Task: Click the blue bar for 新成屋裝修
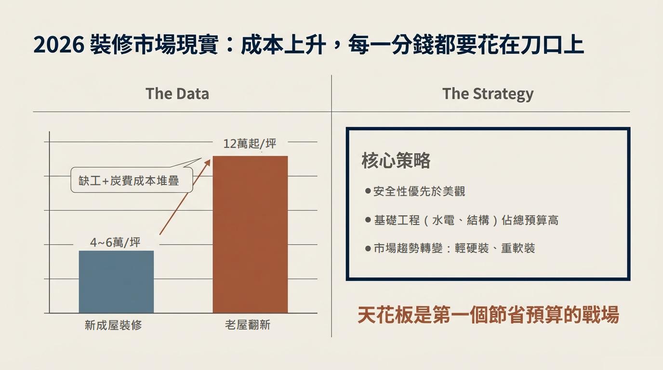[116, 282]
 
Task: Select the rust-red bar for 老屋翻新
[250, 235]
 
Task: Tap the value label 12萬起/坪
[250, 144]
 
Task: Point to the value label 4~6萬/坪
[115, 242]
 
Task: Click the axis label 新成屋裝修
[113, 325]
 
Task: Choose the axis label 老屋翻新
[248, 325]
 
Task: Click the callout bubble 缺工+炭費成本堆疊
[129, 181]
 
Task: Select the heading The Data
[177, 93]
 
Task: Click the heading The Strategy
[488, 93]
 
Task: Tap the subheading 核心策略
[396, 161]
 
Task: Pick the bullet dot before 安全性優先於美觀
[368, 191]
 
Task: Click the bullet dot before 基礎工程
[368, 220]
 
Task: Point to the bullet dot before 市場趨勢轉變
[368, 249]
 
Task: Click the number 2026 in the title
[59, 46]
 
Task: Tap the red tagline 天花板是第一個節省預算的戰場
[488, 316]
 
